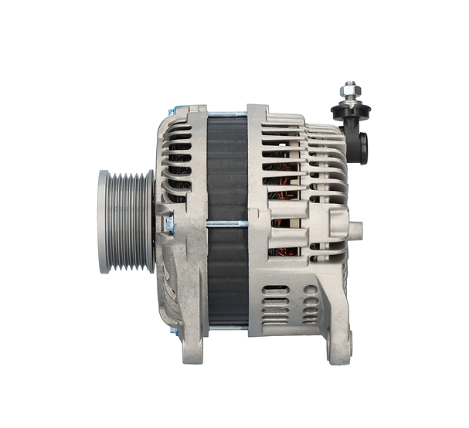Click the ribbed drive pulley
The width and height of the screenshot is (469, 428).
point(125,222)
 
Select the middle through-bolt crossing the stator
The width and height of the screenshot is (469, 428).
point(227,224)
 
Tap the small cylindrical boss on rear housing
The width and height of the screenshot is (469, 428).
point(355,229)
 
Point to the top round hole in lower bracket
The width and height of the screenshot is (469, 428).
point(311,290)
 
